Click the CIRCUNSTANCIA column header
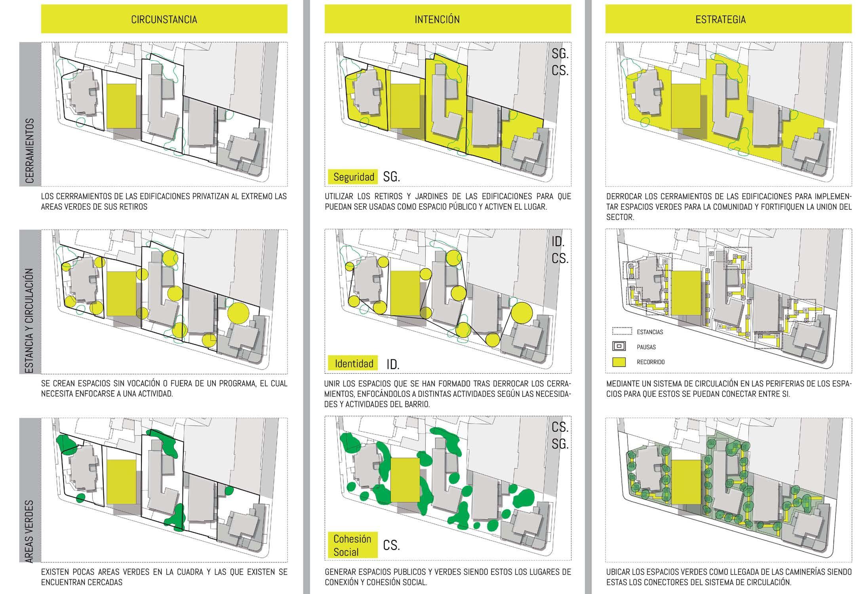164,19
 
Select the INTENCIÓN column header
437,19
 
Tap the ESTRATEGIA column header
720,19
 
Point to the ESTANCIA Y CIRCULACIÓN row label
30,321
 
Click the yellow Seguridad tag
353,177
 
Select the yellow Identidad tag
353,363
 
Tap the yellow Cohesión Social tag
352,545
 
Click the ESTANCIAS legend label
650,332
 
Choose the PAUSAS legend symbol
619,346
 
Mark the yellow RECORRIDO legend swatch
619,362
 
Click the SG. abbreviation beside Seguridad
391,177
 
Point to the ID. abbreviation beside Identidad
393,364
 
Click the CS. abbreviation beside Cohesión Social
391,546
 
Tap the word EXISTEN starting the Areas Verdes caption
54,572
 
